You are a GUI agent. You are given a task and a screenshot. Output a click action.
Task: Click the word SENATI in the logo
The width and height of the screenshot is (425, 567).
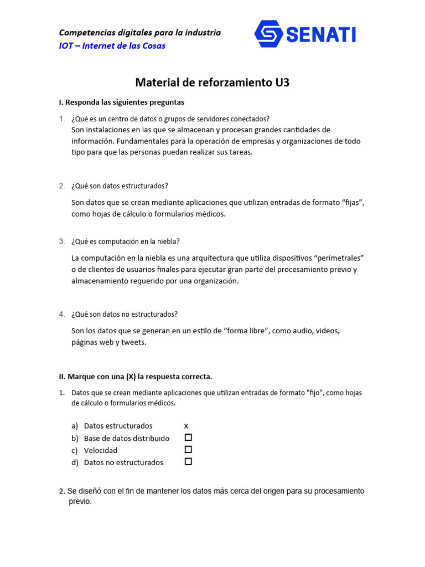click(x=321, y=35)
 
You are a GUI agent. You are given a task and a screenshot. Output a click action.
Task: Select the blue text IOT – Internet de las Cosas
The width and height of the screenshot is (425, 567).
click(x=112, y=46)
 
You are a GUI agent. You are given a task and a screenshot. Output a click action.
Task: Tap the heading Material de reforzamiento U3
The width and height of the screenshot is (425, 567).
click(x=212, y=83)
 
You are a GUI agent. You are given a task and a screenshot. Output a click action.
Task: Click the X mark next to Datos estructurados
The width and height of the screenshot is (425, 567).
click(x=186, y=426)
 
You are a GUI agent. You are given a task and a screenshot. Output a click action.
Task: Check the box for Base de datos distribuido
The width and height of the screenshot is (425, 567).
click(x=188, y=437)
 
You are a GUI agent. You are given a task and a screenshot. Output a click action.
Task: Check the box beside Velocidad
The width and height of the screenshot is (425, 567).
click(x=188, y=450)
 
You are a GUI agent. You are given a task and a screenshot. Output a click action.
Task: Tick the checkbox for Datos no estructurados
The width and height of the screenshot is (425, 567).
click(x=188, y=461)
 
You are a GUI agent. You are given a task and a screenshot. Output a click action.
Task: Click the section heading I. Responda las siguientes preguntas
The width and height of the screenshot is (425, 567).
click(x=122, y=102)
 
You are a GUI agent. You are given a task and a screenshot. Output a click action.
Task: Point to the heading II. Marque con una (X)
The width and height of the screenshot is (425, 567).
click(x=136, y=377)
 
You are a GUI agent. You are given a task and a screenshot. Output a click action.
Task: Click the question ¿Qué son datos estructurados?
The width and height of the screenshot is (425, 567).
click(x=119, y=186)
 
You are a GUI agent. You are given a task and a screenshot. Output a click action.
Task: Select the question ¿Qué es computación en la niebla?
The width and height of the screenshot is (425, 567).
click(x=125, y=241)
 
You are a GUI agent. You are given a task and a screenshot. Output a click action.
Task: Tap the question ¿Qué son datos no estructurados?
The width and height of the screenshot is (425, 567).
click(x=125, y=314)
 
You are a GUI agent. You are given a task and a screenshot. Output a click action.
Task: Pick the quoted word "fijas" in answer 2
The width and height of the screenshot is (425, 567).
click(x=353, y=203)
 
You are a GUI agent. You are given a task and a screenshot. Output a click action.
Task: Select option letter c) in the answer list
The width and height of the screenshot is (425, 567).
click(x=75, y=450)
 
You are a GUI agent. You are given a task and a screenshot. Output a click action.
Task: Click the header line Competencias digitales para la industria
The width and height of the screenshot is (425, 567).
click(x=139, y=33)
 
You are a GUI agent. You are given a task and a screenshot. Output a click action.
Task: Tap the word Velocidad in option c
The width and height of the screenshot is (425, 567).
click(x=101, y=450)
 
